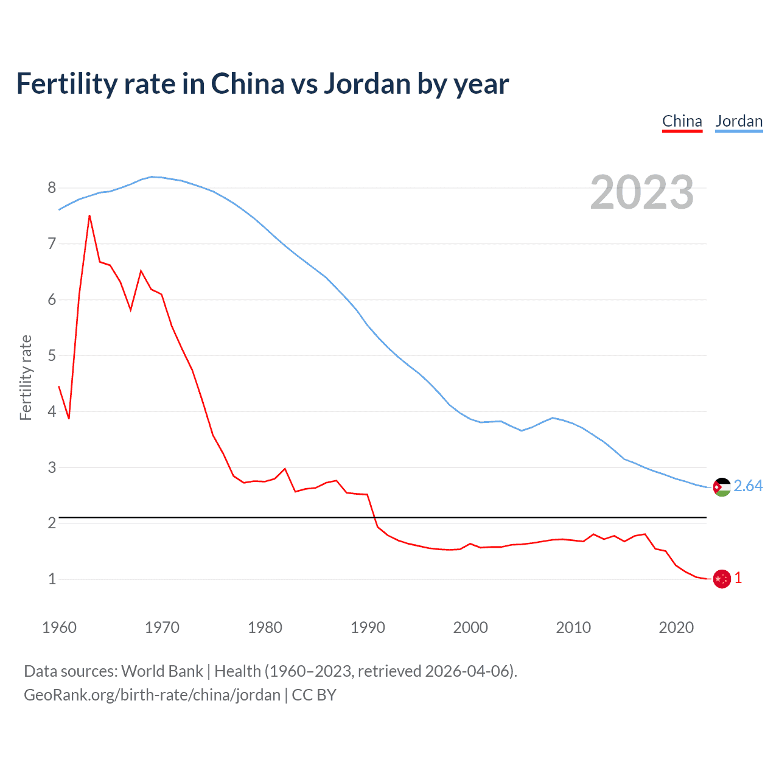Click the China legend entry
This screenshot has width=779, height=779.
(x=682, y=121)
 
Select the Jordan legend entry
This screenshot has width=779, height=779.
(x=739, y=121)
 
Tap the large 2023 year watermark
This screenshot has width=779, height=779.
(x=642, y=192)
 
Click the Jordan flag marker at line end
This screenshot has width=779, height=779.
(x=722, y=487)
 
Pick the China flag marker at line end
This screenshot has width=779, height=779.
(x=722, y=579)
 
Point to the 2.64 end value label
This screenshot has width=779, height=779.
(x=748, y=486)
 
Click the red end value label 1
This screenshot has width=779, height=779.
(x=738, y=578)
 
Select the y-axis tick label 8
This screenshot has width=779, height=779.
(x=52, y=187)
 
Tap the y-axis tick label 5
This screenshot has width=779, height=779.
(x=52, y=355)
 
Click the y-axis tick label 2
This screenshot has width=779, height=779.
(x=52, y=523)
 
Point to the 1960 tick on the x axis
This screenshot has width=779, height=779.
(x=59, y=627)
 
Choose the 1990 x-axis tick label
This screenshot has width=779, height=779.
(x=368, y=627)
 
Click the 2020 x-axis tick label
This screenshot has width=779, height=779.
(x=676, y=627)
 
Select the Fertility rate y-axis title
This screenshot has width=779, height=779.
(x=26, y=377)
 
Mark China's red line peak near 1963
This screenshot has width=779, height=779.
(x=89, y=215)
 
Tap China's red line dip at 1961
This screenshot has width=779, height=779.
(x=69, y=419)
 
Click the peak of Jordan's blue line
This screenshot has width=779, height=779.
(x=152, y=176)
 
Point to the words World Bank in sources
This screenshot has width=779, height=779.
(x=162, y=671)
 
